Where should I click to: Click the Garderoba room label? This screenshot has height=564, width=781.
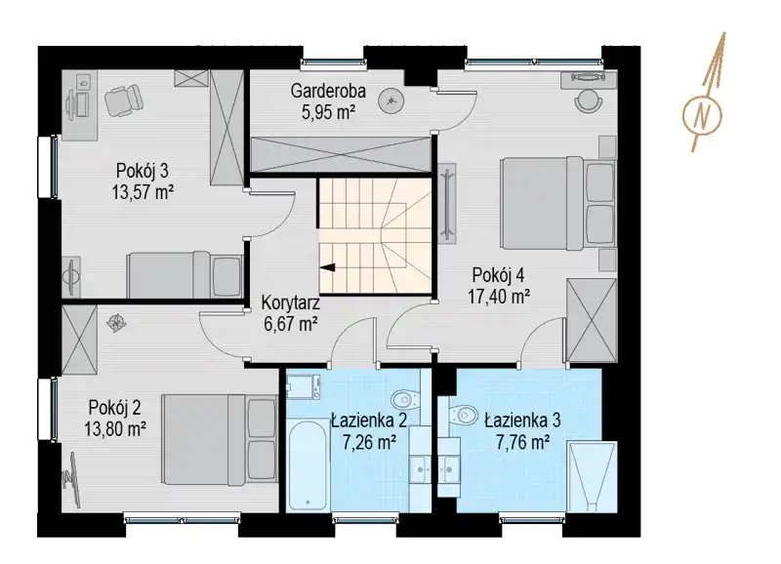(328, 91)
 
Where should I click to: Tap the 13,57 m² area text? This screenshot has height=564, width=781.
(143, 191)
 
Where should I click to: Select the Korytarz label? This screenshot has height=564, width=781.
(290, 302)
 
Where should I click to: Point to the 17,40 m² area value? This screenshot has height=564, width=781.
(499, 297)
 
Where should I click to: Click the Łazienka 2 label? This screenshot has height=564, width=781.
(369, 421)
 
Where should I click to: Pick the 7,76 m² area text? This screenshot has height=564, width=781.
(523, 442)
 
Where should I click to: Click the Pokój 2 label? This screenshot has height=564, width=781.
(114, 407)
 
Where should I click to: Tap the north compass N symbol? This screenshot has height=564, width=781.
(702, 115)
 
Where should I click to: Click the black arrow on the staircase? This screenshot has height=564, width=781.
(328, 267)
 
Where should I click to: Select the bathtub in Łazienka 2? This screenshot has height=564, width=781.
(308, 466)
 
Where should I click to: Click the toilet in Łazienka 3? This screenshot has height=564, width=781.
(463, 413)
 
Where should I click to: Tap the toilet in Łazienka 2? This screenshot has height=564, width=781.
(406, 398)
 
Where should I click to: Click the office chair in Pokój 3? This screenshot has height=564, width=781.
(124, 101)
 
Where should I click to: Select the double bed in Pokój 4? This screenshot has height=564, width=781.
(557, 203)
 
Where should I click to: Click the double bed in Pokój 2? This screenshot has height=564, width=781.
(220, 439)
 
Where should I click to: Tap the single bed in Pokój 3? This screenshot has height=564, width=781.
(185, 274)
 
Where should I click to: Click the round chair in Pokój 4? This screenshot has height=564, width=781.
(589, 101)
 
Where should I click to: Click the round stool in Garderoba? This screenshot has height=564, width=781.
(390, 101)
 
